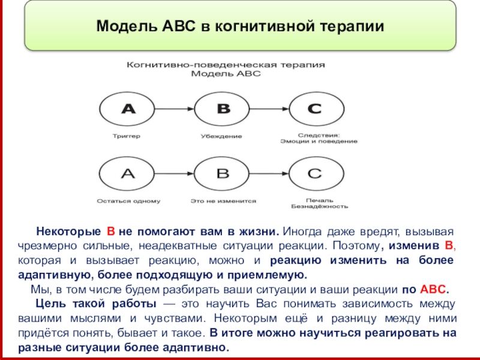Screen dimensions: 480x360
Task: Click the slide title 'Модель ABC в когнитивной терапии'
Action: click(x=239, y=26)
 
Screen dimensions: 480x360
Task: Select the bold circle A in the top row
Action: click(x=128, y=109)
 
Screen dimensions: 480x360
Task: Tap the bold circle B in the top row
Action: click(x=223, y=109)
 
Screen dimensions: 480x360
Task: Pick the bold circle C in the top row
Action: click(x=316, y=109)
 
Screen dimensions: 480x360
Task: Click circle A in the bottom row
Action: click(x=128, y=173)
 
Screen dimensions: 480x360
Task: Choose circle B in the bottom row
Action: click(x=223, y=173)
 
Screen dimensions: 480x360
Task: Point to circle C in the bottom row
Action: click(x=316, y=173)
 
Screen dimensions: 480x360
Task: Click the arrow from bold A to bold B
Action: click(x=175, y=109)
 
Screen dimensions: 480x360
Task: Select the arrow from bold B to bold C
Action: click(x=269, y=109)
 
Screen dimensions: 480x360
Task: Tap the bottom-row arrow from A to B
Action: click(x=175, y=173)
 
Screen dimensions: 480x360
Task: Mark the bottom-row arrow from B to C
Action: click(x=269, y=173)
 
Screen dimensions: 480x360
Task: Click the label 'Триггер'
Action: click(x=127, y=136)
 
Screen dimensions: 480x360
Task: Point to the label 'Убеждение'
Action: click(x=221, y=136)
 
